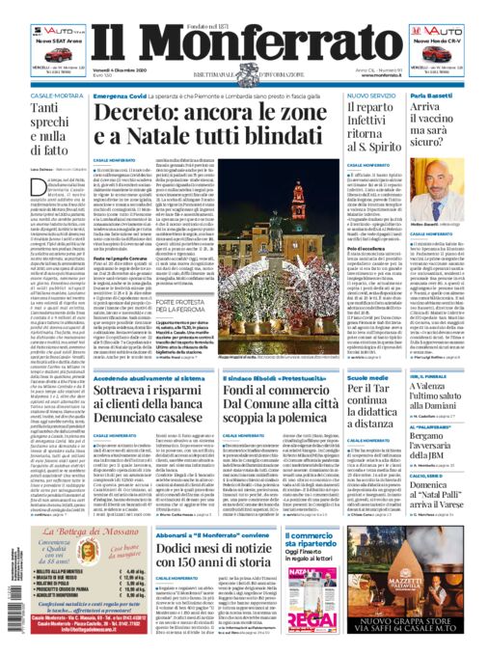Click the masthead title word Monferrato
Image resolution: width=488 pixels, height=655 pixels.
coord(244,44)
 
